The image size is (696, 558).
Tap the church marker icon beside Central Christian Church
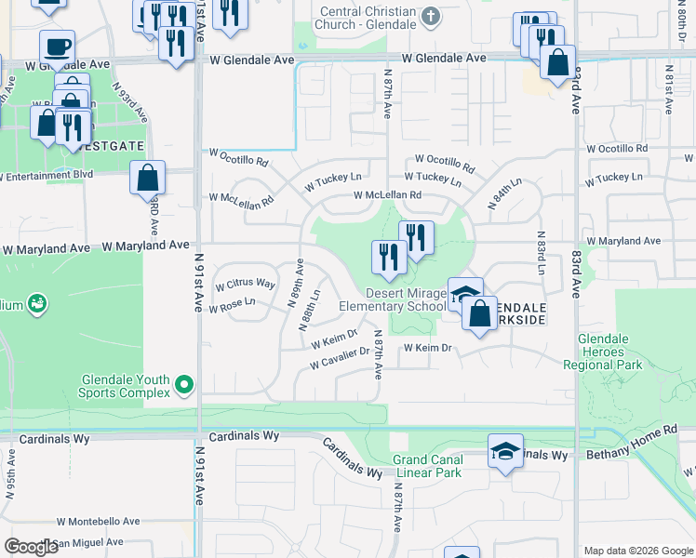coord(430,16)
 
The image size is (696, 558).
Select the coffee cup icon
coord(57,46)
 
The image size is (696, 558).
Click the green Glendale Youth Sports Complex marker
coord(184,383)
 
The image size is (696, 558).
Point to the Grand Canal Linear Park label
coord(426,466)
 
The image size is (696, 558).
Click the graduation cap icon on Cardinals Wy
coord(505,451)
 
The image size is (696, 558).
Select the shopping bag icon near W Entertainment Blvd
coord(147,178)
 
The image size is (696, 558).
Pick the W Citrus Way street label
coord(247,283)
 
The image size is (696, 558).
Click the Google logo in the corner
coord(32,547)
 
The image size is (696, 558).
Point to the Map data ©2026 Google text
coord(637,551)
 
